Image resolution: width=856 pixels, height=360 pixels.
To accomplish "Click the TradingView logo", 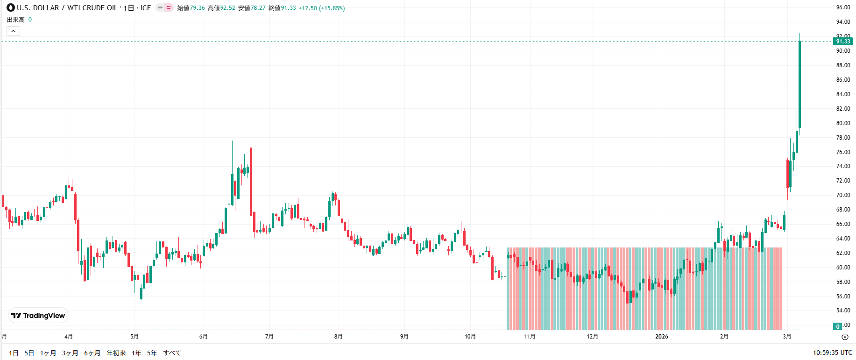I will [38, 316].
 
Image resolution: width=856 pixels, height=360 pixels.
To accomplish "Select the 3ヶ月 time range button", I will [70, 353].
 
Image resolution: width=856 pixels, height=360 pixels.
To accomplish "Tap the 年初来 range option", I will [116, 353].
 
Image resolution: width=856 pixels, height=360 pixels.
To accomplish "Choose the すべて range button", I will [172, 353].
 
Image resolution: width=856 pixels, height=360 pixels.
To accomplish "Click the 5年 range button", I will [152, 353].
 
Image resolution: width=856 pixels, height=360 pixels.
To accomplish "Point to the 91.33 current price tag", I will [843, 42].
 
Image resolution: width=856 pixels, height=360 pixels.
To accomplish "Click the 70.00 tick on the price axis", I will [843, 195].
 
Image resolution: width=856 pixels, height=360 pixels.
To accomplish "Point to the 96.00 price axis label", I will [843, 7].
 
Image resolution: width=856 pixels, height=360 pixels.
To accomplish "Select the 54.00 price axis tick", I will [843, 311].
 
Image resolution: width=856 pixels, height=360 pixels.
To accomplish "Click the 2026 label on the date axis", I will [661, 337].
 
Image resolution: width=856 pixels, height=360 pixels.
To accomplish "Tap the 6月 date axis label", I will [203, 337].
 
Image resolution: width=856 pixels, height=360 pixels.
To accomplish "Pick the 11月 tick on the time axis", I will [530, 337].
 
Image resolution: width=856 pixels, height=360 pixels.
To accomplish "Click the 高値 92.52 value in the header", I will [221, 8].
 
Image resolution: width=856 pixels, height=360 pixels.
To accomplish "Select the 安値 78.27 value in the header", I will [252, 8].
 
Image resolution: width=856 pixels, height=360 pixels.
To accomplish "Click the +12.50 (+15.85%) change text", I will [322, 8].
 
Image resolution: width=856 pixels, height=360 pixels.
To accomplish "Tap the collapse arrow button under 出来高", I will [13, 31].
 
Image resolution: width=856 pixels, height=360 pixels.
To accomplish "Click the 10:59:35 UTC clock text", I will [832, 353].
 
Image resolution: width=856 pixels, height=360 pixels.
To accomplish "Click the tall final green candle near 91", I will [800, 84].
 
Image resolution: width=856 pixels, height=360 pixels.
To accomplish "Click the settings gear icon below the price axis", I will [844, 337].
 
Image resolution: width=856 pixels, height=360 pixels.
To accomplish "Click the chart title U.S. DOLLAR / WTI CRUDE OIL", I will [67, 8].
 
